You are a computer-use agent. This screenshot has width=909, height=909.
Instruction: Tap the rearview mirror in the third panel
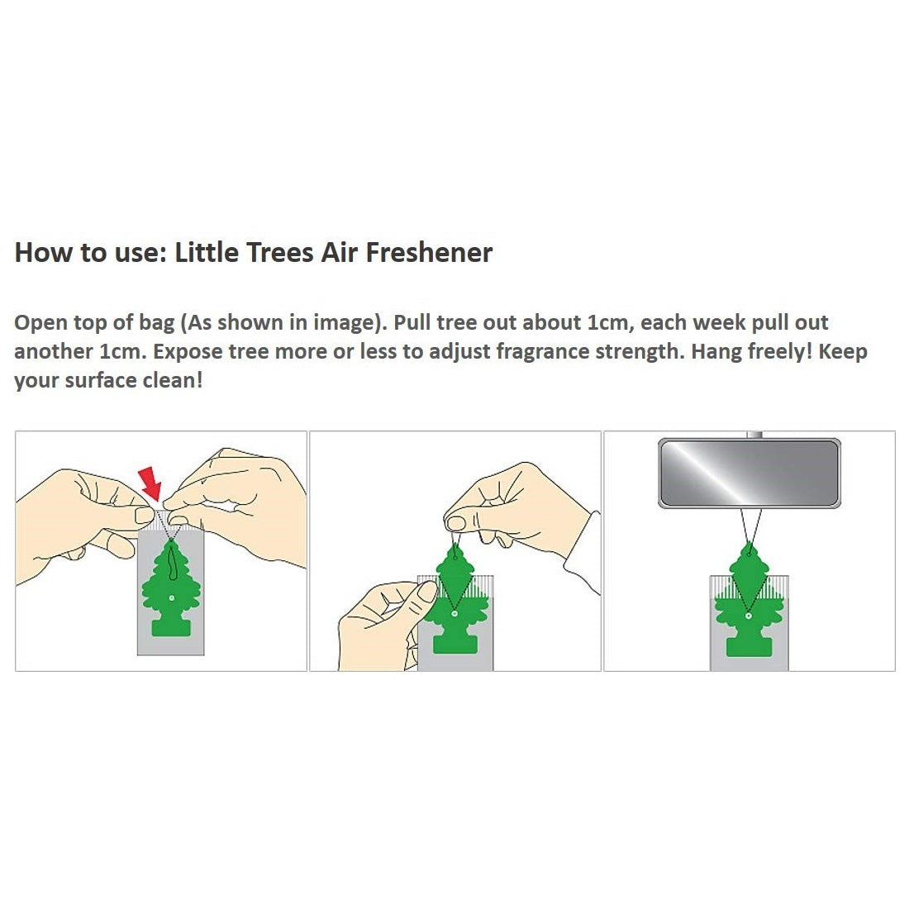(749, 473)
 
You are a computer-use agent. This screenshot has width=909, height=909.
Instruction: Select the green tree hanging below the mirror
(748, 599)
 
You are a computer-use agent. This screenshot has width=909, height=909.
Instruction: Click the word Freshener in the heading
(429, 252)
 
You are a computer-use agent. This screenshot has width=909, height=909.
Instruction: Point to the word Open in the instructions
(41, 323)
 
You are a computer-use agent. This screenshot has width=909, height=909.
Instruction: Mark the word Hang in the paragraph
(716, 351)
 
